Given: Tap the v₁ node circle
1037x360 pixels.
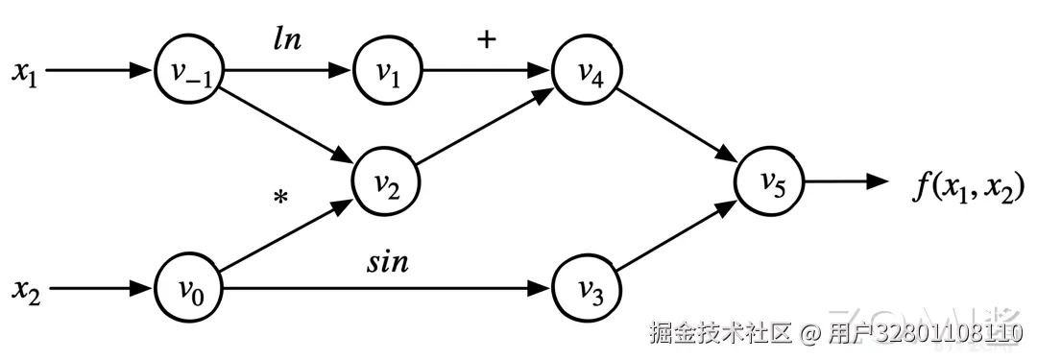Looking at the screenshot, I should point(388,71).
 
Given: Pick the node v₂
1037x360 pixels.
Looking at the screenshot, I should point(388,180).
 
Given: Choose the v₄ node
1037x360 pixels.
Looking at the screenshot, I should point(587,71).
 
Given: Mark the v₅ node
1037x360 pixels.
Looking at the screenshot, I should point(770,180).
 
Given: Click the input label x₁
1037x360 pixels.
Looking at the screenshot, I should point(24,71).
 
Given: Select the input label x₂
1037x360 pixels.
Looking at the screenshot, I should point(24,287).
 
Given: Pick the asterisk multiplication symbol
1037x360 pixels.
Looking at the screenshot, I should point(280,199).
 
